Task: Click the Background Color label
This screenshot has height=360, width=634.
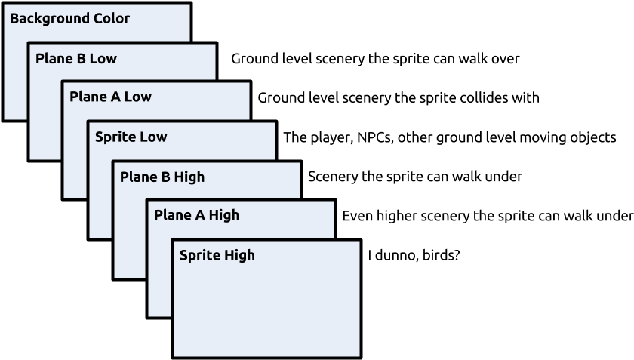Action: click(x=69, y=19)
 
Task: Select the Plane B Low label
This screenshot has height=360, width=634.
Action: click(x=76, y=59)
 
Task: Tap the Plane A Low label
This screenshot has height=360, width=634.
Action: click(x=110, y=97)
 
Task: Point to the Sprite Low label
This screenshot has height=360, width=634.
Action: click(x=131, y=137)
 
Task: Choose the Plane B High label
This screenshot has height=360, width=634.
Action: click(x=162, y=177)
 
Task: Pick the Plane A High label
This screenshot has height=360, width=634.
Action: click(x=196, y=216)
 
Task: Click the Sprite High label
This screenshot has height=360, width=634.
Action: click(x=217, y=256)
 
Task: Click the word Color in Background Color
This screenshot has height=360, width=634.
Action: click(x=112, y=19)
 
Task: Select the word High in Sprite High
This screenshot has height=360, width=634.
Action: click(x=240, y=256)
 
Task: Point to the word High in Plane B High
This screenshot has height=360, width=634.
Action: click(x=189, y=177)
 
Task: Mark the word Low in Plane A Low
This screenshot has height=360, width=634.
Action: click(x=138, y=97)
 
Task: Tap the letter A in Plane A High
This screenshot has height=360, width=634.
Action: click(x=200, y=216)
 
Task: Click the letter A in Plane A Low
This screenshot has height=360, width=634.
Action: click(x=115, y=97)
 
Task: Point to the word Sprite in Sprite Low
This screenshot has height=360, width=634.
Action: click(x=115, y=137)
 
